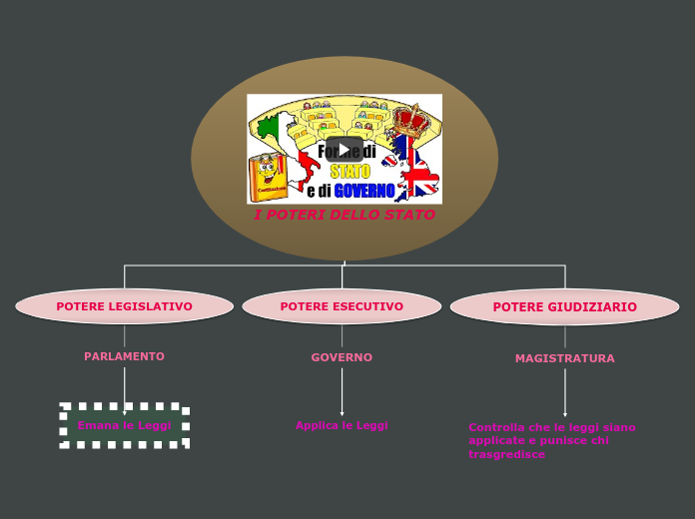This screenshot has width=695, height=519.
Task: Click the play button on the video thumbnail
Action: tap(344, 150)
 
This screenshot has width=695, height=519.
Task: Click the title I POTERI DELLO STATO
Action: tap(344, 216)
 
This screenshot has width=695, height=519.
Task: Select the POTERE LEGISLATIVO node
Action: tap(124, 306)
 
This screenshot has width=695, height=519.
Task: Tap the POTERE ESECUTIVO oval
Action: tap(342, 306)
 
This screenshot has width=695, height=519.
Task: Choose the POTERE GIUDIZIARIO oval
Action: tap(564, 307)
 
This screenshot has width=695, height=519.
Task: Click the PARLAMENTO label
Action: tap(124, 356)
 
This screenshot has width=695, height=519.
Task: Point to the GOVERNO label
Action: tap(342, 357)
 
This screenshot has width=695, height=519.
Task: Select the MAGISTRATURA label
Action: tap(564, 358)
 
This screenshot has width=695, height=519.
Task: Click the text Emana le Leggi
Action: tap(124, 425)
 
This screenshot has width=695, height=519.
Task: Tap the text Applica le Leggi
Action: tap(342, 425)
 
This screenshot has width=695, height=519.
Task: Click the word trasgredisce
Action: tap(506, 454)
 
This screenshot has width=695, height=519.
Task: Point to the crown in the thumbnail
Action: tap(409, 119)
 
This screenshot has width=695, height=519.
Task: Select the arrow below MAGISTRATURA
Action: tap(564, 392)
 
